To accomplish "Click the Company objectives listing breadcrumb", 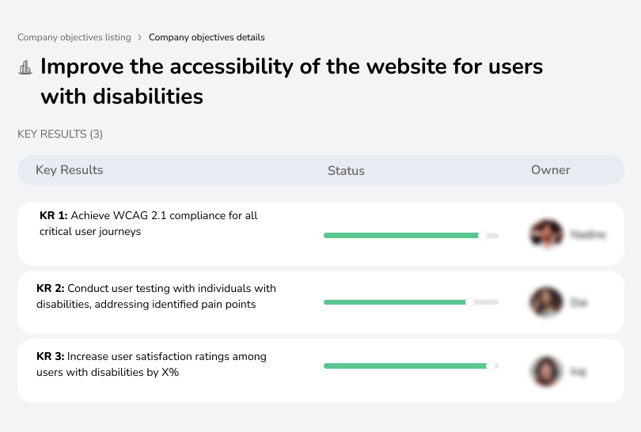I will click(74, 37).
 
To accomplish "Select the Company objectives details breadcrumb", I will click(207, 37).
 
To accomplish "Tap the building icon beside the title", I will click(25, 67).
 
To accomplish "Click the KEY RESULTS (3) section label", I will click(60, 135).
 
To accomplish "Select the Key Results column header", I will click(70, 170).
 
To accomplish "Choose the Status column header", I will click(346, 170).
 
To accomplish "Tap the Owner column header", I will click(551, 170).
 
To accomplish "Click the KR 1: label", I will click(54, 215).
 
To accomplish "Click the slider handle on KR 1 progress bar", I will click(483, 235).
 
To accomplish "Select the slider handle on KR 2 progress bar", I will click(470, 302).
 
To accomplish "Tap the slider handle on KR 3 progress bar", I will click(491, 366).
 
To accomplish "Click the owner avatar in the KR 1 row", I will click(544, 234).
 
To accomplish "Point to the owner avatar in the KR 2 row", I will click(544, 301).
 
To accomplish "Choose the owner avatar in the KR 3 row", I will click(544, 370).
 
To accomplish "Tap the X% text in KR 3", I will click(169, 372).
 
